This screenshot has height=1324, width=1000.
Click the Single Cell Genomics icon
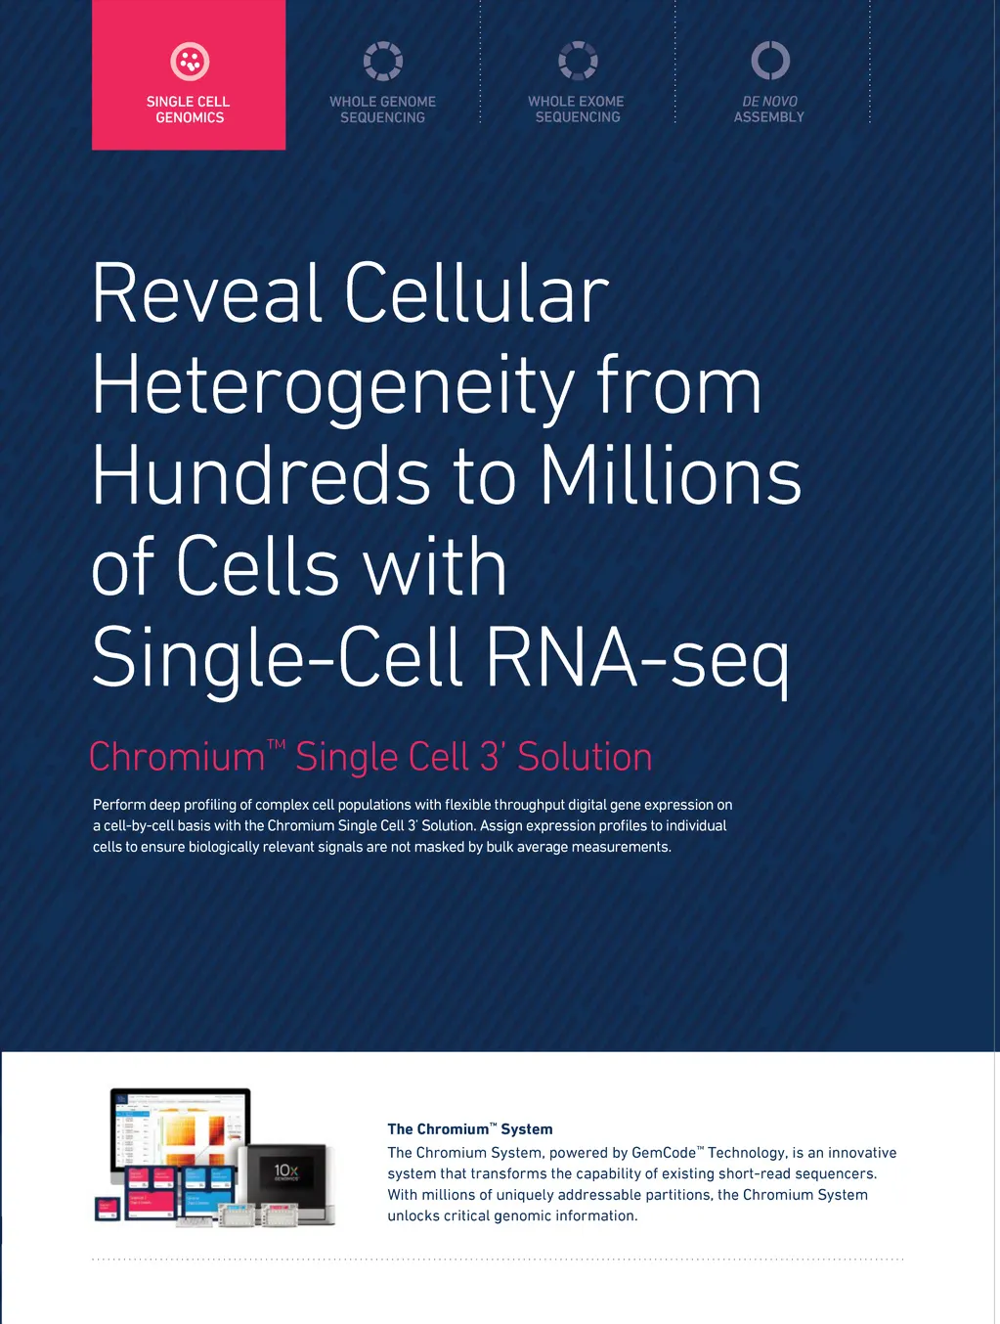(190, 61)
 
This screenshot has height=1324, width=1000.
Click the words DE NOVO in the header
(769, 102)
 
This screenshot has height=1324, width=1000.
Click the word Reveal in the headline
(207, 293)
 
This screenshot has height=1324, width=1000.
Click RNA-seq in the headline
(637, 660)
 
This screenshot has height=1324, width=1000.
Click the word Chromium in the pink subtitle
(177, 757)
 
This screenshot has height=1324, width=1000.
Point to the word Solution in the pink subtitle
(585, 757)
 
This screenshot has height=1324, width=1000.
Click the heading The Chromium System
(469, 1129)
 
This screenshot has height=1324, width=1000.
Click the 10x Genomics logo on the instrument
(286, 1172)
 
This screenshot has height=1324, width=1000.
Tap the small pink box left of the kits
(108, 1210)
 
